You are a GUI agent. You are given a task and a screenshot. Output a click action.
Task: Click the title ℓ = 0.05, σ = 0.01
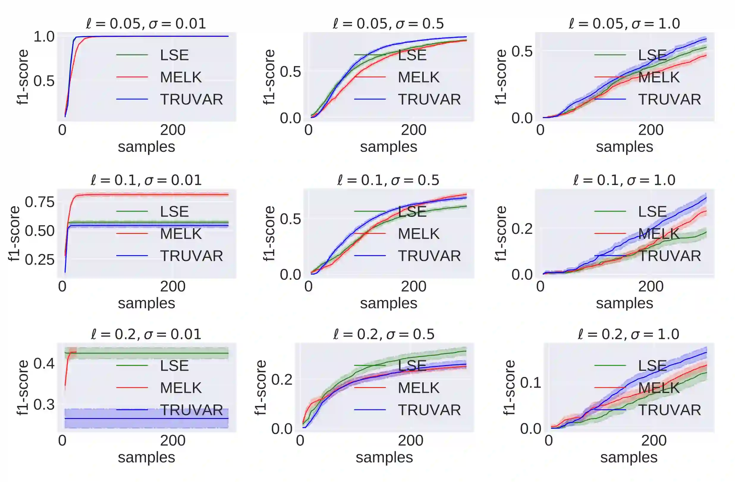click(x=146, y=24)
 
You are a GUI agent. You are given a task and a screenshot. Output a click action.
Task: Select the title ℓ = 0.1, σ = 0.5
click(x=388, y=180)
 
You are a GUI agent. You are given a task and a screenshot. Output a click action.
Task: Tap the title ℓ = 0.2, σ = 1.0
click(x=628, y=334)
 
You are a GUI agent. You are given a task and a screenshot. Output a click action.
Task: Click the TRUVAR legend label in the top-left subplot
click(x=191, y=99)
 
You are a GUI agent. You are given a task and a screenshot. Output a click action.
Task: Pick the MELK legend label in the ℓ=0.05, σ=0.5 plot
click(x=418, y=77)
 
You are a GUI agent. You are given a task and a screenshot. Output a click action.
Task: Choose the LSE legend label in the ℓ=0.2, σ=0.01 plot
click(x=174, y=366)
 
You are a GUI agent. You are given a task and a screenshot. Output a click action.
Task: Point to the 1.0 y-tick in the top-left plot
click(x=44, y=37)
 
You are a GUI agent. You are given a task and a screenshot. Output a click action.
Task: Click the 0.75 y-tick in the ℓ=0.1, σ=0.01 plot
click(x=40, y=202)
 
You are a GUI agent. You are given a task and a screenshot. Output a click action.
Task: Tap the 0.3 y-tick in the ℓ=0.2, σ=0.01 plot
click(x=44, y=404)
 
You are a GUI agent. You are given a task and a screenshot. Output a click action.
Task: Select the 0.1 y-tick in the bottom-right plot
click(x=530, y=383)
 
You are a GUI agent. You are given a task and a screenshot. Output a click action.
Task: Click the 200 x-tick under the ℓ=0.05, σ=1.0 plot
click(x=651, y=130)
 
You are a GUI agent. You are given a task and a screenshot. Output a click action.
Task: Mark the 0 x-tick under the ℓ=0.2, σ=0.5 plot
click(x=300, y=441)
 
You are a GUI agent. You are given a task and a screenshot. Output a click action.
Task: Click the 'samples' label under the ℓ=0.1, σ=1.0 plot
click(x=624, y=303)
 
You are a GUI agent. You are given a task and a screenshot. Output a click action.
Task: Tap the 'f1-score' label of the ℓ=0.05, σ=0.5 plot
click(x=269, y=77)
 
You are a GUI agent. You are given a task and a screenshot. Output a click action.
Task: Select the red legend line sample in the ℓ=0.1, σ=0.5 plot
click(x=370, y=234)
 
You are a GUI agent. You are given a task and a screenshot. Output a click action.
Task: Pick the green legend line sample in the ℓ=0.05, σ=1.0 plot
click(x=610, y=55)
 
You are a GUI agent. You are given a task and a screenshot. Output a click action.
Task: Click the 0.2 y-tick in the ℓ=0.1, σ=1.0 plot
click(x=522, y=229)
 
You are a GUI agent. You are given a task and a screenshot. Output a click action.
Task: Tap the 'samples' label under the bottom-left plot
click(x=146, y=457)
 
